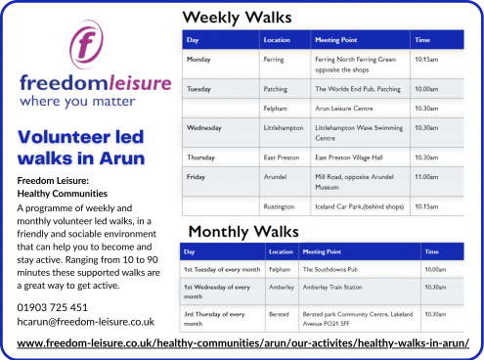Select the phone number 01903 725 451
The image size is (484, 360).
[x=53, y=307]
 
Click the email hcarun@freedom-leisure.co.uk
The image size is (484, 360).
[x=86, y=321]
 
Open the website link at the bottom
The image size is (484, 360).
[x=250, y=343]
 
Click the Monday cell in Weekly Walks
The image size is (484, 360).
[x=199, y=59]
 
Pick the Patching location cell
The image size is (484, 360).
[x=276, y=89]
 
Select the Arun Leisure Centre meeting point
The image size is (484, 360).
[x=346, y=109]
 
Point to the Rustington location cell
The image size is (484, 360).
[x=281, y=205]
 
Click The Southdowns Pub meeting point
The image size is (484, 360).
[x=332, y=268]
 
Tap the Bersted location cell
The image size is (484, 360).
[x=281, y=315]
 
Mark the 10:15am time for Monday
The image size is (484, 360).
[x=426, y=59]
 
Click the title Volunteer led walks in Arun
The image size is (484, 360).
[x=82, y=146]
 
